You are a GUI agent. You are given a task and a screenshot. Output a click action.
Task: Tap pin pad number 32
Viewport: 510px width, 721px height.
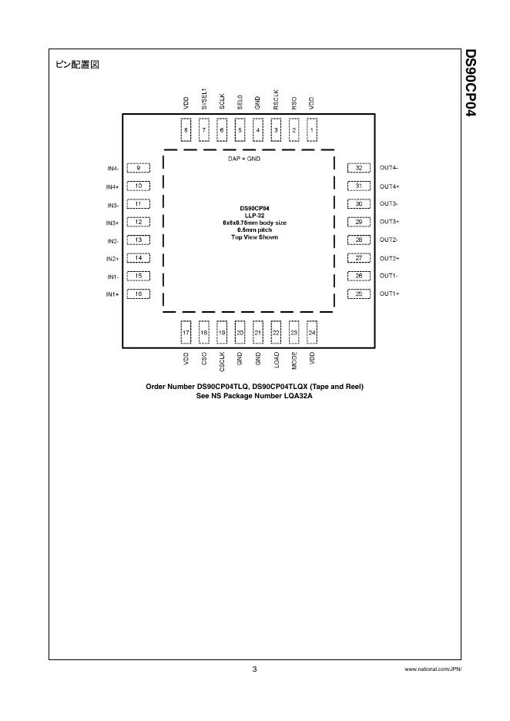pyautogui.click(x=358, y=168)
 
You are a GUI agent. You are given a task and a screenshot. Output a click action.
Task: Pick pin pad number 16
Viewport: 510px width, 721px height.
pyautogui.click(x=138, y=293)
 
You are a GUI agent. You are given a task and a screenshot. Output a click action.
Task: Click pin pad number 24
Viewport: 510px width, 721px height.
pyautogui.click(x=312, y=333)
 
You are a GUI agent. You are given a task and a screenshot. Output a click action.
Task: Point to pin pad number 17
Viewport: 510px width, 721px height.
pyautogui.click(x=186, y=333)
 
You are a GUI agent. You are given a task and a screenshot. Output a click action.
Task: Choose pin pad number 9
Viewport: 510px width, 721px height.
pyautogui.click(x=138, y=168)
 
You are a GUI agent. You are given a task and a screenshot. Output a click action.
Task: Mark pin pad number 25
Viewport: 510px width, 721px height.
pyautogui.click(x=358, y=293)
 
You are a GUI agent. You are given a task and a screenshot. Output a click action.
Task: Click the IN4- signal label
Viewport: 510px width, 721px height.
pyautogui.click(x=112, y=168)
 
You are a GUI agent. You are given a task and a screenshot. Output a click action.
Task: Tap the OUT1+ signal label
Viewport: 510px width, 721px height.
pyautogui.click(x=389, y=293)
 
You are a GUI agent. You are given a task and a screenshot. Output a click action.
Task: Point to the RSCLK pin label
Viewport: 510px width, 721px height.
pyautogui.click(x=276, y=102)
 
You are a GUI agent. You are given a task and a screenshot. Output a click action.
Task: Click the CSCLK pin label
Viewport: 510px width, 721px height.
pyautogui.click(x=222, y=361)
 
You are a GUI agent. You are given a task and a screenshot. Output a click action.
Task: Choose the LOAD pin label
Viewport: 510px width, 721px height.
pyautogui.click(x=276, y=359)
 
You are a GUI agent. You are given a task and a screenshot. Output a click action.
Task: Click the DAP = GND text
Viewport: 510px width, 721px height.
pyautogui.click(x=248, y=157)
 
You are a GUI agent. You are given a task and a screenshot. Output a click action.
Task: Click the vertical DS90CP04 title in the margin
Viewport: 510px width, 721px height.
pyautogui.click(x=471, y=84)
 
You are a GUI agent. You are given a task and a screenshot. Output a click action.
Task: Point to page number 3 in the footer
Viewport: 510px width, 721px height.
pyautogui.click(x=254, y=669)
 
